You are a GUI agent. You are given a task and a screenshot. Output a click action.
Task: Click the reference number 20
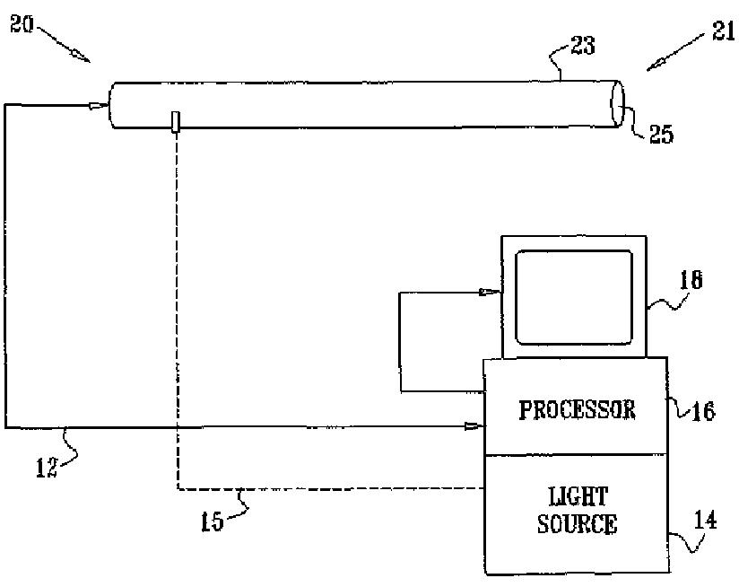pos(22,24)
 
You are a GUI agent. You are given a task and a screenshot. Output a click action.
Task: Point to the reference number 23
pos(583,46)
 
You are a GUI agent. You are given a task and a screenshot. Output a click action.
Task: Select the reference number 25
pos(662,135)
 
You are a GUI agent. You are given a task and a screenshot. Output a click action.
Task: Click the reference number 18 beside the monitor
pos(691,281)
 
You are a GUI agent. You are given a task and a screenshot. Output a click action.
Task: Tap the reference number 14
pos(708,519)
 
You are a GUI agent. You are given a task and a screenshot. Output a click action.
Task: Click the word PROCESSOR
pos(577,410)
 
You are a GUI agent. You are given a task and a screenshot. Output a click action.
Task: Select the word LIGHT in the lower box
pos(577,496)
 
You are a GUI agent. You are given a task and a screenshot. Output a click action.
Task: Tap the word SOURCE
pos(577,524)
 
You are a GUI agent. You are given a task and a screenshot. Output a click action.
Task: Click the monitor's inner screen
pos(575,297)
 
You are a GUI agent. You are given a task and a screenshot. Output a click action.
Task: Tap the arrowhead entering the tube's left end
pos(96,106)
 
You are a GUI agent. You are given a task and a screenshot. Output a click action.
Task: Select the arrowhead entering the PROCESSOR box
pos(472,427)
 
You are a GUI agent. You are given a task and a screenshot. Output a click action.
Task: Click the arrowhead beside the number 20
pos(83,57)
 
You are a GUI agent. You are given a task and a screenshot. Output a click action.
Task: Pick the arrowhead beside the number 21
pos(657,63)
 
